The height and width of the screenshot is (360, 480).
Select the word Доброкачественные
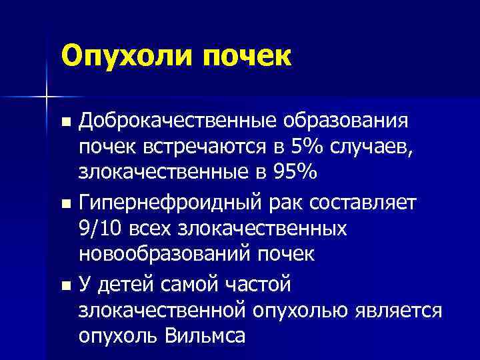[x=179, y=121]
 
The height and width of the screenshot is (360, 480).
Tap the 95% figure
[x=292, y=171]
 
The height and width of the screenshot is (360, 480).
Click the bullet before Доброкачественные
[x=65, y=123]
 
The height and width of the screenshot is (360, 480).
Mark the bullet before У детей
[x=65, y=285]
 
